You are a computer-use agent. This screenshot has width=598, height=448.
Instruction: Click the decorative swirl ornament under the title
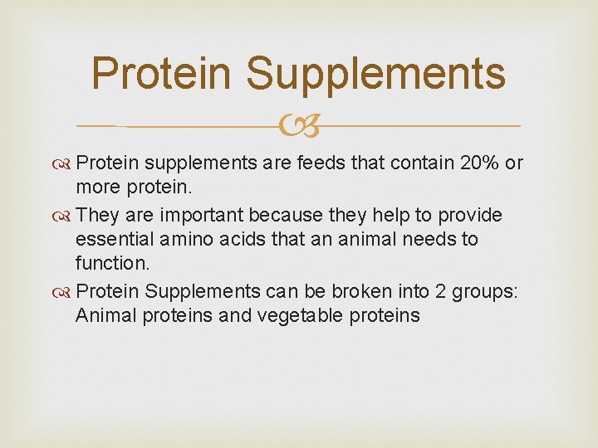pyautogui.click(x=298, y=127)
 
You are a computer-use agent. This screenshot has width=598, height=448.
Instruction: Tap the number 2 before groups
pyautogui.click(x=448, y=292)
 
